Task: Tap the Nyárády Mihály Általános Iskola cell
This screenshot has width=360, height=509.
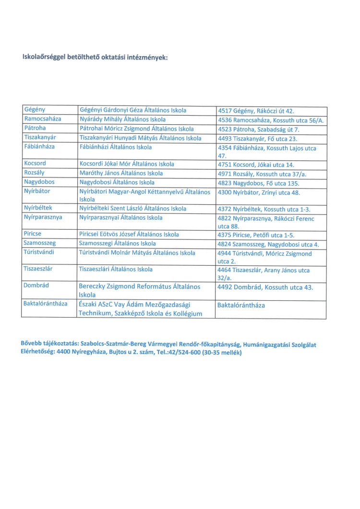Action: [122, 119]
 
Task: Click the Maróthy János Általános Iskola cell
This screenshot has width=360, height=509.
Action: [121, 173]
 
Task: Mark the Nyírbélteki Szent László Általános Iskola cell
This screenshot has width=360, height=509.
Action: [132, 209]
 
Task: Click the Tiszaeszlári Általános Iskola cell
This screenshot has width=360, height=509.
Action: [116, 270]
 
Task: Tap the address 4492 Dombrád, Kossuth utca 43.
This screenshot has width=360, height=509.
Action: [265, 287]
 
